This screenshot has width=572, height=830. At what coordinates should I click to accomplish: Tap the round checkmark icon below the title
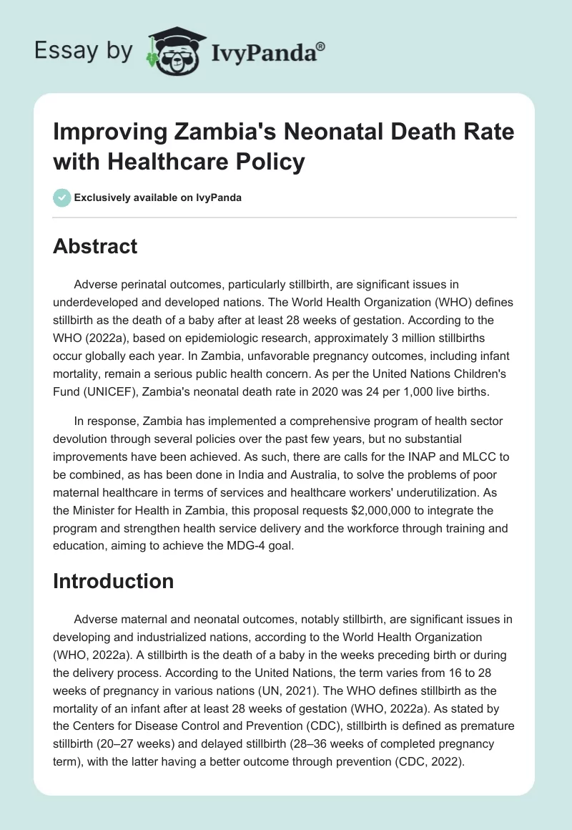tap(61, 197)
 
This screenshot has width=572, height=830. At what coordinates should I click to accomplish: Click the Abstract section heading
tap(95, 247)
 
